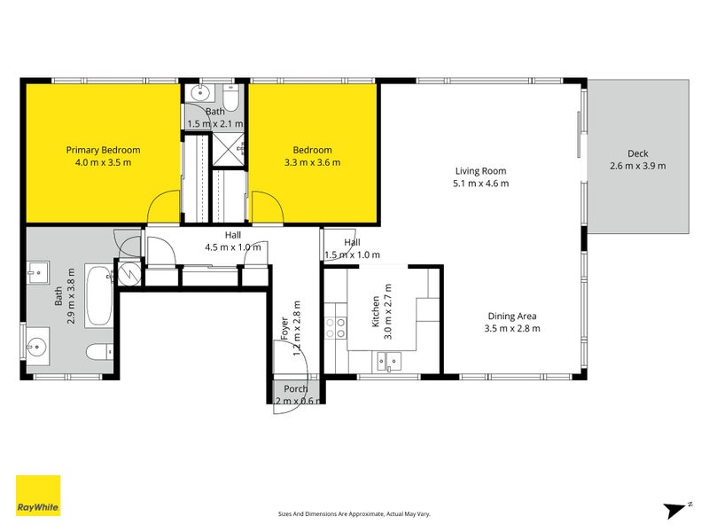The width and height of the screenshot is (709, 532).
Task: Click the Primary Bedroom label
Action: (103, 150)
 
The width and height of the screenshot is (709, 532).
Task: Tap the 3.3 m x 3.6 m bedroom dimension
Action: (312, 162)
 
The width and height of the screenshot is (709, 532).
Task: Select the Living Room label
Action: (481, 171)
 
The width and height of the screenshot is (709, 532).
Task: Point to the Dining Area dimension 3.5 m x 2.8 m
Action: (512, 328)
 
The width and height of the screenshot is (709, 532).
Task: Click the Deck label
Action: (637, 153)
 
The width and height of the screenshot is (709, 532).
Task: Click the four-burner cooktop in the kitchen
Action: (336, 328)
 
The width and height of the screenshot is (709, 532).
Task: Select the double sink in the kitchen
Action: (388, 359)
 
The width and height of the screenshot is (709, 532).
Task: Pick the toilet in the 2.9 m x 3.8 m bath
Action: (99, 350)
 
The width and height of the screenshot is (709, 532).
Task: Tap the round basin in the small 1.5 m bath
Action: (203, 92)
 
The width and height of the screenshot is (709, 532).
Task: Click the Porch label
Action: (295, 389)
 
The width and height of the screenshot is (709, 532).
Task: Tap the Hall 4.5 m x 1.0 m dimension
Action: (232, 247)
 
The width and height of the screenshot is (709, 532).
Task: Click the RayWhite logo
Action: (38, 496)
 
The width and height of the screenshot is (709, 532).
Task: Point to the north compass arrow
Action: (675, 509)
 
